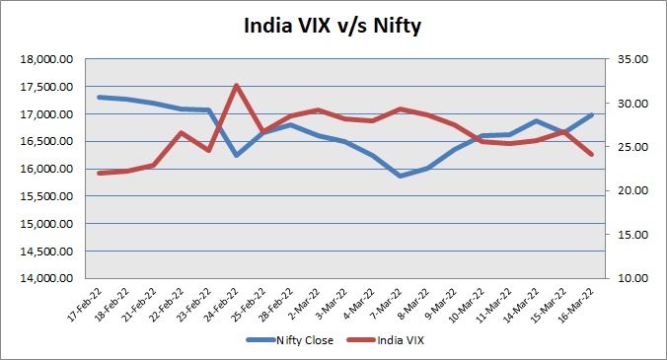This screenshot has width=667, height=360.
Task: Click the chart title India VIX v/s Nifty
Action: pos(333,26)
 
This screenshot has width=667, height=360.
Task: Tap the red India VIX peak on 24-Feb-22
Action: pos(237,85)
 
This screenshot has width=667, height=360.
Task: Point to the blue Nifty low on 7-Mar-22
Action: pos(401,176)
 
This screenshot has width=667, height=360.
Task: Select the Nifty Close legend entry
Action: pos(290,340)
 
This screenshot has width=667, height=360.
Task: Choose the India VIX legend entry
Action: pos(386,340)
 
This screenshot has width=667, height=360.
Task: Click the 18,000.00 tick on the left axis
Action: pos(46,59)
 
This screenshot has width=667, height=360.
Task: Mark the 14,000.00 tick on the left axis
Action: pos(46,278)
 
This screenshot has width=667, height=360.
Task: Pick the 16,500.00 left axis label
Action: pos(46,142)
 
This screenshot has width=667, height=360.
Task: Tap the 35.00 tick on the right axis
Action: pos(632,59)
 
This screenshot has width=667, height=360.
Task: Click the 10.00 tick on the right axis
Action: pos(632,278)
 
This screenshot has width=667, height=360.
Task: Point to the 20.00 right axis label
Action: pos(632,190)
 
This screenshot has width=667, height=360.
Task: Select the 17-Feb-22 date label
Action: pos(86,305)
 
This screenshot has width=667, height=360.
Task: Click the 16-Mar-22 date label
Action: pos(576,305)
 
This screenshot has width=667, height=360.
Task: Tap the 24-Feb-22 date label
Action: pos(222,305)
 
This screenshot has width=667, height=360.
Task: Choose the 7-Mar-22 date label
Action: pos(387,304)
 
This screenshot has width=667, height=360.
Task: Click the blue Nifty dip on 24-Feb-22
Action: pos(237,155)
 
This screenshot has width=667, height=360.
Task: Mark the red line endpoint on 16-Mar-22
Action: pos(591,154)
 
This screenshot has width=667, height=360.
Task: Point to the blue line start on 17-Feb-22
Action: pos(100,97)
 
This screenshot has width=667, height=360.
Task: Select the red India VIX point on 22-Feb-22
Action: pos(182,132)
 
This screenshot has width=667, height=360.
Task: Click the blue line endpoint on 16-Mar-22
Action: pos(591,114)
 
